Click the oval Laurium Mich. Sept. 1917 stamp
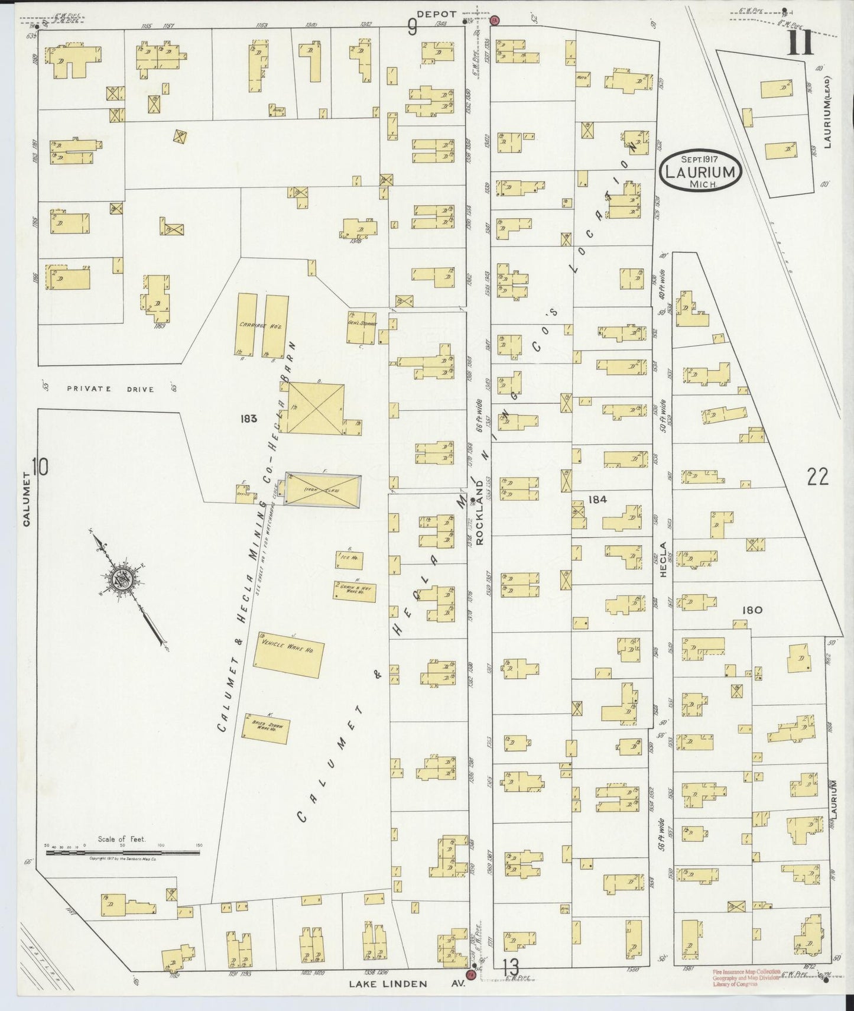(x=700, y=171)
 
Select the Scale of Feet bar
(x=124, y=852)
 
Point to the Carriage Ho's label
(x=254, y=325)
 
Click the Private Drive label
(x=111, y=389)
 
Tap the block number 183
(x=249, y=419)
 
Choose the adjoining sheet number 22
(x=818, y=477)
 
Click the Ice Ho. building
(x=349, y=559)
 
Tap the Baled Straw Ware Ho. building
(x=266, y=729)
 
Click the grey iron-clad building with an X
(x=323, y=489)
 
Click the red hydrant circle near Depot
(x=495, y=20)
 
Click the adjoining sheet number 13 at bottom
(x=510, y=968)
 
